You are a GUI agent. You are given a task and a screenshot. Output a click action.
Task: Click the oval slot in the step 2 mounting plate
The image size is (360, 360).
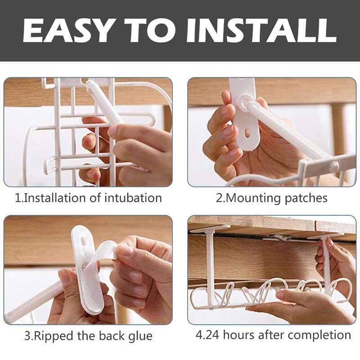247,133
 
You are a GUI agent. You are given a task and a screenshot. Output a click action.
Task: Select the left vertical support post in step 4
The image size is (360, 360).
210,265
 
